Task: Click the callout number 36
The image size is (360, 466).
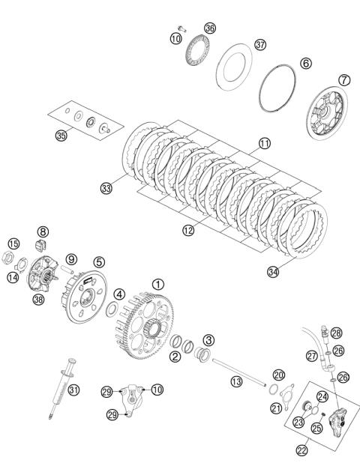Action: (x=210, y=28)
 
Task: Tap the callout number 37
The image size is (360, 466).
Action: (x=260, y=45)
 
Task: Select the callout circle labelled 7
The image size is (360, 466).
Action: (x=344, y=80)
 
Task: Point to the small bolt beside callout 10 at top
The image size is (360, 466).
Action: (x=182, y=28)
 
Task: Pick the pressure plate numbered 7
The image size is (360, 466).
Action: (x=327, y=112)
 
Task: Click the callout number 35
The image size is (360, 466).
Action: (x=61, y=136)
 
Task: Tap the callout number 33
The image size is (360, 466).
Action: (x=106, y=188)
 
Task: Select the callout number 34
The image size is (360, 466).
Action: (x=273, y=271)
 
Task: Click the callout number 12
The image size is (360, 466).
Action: (x=188, y=230)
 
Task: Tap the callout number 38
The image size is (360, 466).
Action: (x=38, y=300)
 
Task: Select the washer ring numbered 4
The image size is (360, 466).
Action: (x=111, y=309)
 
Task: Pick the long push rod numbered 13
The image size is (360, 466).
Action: (x=238, y=372)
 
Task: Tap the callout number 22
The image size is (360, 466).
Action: (x=301, y=450)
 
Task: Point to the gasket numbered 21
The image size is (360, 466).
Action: (x=286, y=397)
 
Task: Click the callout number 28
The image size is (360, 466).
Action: (x=336, y=333)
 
